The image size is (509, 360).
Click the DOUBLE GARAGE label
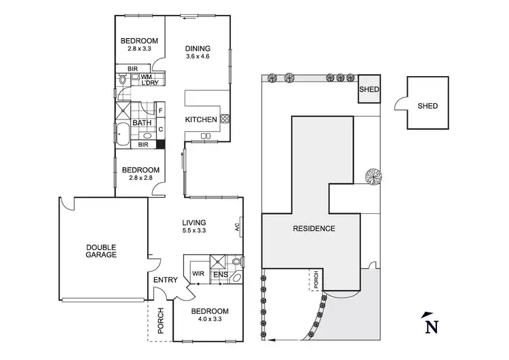pyautogui.click(x=101, y=251)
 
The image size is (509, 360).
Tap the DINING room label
pyautogui.click(x=198, y=49)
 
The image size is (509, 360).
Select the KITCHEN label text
pyautogui.click(x=201, y=120)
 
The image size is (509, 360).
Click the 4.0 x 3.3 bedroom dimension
pyautogui.click(x=209, y=320)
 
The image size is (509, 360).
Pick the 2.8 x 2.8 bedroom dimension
pyautogui.click(x=140, y=179)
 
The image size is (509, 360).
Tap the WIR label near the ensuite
pyautogui.click(x=199, y=274)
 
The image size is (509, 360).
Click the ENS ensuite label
pyautogui.click(x=219, y=274)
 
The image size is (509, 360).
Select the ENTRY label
pyautogui.click(x=166, y=280)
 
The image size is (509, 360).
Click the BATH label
pyautogui.click(x=142, y=123)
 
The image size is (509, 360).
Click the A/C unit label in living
pyautogui.click(x=238, y=227)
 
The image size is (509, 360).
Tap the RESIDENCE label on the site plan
pyautogui.click(x=314, y=229)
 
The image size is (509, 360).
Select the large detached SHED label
pyautogui.click(x=428, y=106)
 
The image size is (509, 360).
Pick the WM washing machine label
pyautogui.click(x=146, y=77)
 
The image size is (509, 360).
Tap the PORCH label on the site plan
pyautogui.click(x=314, y=279)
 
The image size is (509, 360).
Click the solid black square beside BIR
pyautogui.click(x=161, y=144)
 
